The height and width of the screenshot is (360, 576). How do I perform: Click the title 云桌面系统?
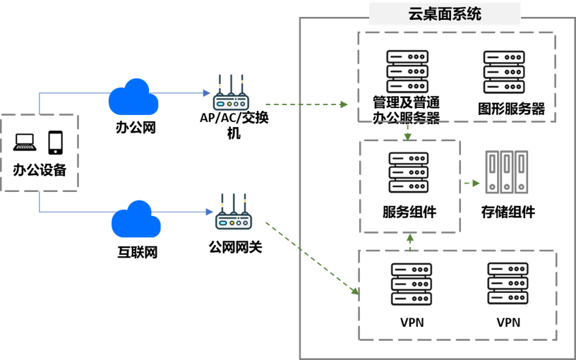tap(445, 14)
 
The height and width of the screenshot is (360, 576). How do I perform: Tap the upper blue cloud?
tap(133, 99)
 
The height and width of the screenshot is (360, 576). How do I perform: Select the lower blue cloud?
tap(136, 221)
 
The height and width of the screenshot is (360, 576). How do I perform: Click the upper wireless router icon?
tap(231, 100)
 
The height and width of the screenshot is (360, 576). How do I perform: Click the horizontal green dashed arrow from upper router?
tap(306, 104)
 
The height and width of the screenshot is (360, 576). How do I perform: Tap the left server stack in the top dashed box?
tap(407, 71)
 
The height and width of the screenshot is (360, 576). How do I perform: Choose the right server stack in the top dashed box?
tap(504, 71)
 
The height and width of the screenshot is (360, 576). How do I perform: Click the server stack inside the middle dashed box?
tap(409, 172)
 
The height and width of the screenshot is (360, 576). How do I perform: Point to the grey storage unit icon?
tap(507, 172)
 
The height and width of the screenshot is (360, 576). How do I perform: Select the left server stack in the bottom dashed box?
tap(412, 284)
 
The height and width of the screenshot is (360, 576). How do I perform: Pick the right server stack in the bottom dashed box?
tap(508, 283)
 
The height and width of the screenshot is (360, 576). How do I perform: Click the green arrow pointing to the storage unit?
tap(472, 183)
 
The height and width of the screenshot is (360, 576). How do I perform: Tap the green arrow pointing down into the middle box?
tap(407, 132)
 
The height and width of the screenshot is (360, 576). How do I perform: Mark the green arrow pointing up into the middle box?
tap(410, 241)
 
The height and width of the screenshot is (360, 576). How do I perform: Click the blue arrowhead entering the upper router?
tap(207, 92)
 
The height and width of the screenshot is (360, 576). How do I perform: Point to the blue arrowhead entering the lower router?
tap(210, 212)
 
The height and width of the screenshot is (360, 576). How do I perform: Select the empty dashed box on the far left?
tap(39, 152)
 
